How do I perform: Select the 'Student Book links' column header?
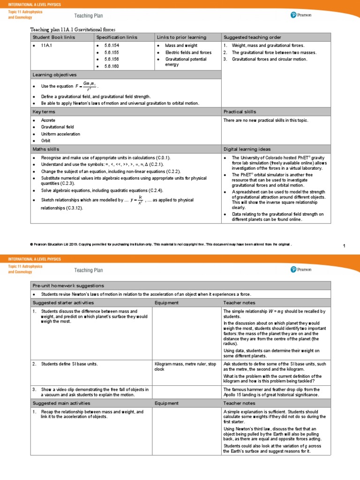[53, 37]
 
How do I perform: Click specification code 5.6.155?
[112, 52]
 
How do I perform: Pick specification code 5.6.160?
[112, 66]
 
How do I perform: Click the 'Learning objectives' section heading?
[54, 75]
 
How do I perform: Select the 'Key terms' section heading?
[44, 112]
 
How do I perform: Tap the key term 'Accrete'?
[48, 120]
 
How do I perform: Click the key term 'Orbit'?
[46, 141]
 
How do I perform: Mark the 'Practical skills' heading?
[240, 112]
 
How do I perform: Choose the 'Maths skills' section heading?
[46, 149]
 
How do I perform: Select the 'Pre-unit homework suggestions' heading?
[68, 285]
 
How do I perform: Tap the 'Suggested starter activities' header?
[63, 303]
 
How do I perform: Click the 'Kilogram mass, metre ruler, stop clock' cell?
[185, 366]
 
